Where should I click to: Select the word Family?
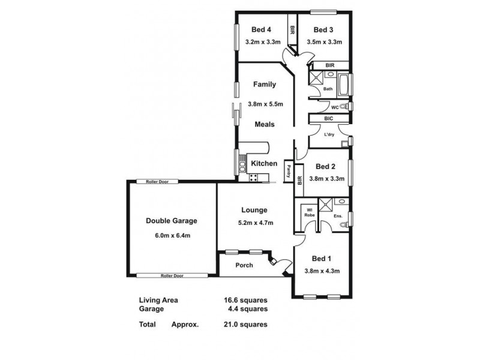pyautogui.click(x=264, y=85)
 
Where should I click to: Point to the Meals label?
pyautogui.click(x=264, y=125)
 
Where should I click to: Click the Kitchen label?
pyautogui.click(x=263, y=163)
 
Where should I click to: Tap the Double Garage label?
pyautogui.click(x=172, y=221)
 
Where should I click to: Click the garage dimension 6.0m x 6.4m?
pyautogui.click(x=172, y=235)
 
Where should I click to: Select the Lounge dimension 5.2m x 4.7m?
pyautogui.click(x=255, y=223)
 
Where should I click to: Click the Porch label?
pyautogui.click(x=244, y=265)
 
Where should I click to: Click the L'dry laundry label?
pyautogui.click(x=329, y=134)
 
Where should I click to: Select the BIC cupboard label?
pyautogui.click(x=328, y=119)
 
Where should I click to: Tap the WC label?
pyautogui.click(x=335, y=107)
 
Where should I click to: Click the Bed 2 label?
pyautogui.click(x=325, y=166)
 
